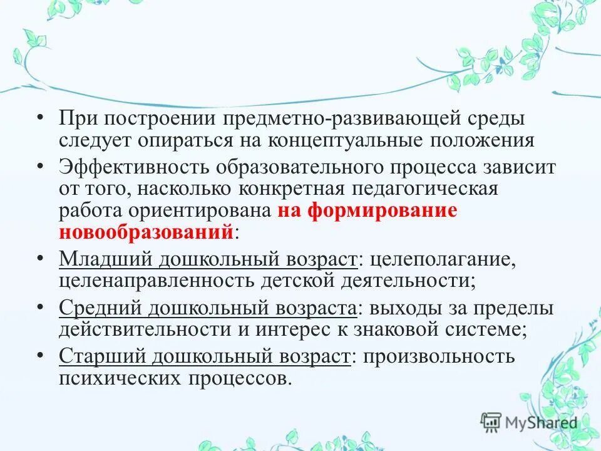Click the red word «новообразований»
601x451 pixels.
pyautogui.click(x=146, y=232)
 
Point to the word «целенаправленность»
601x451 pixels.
pyautogui.click(x=155, y=279)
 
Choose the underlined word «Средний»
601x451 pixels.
pyautogui.click(x=101, y=308)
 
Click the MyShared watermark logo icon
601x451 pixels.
pyautogui.click(x=491, y=423)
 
